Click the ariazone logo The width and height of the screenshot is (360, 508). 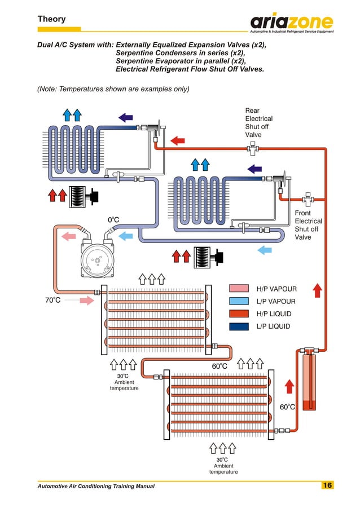(x=291, y=23)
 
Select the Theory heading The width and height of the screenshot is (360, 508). (x=51, y=19)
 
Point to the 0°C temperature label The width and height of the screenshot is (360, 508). (x=114, y=219)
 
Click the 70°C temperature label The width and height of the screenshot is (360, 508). (x=52, y=301)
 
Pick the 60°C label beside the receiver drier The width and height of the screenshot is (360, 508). (x=288, y=407)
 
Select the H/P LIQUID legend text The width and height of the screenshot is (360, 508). (x=273, y=314)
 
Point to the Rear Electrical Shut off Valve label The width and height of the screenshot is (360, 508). (x=258, y=123)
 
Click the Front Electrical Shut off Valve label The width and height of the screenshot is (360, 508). (x=308, y=226)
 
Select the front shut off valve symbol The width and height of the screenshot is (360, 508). (x=308, y=198)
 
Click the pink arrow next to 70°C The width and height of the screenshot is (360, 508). (x=86, y=301)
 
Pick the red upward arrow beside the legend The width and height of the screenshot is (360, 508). (x=317, y=290)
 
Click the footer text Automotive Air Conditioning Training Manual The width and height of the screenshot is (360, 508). (x=95, y=486)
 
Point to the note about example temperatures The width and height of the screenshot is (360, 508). (x=113, y=89)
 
